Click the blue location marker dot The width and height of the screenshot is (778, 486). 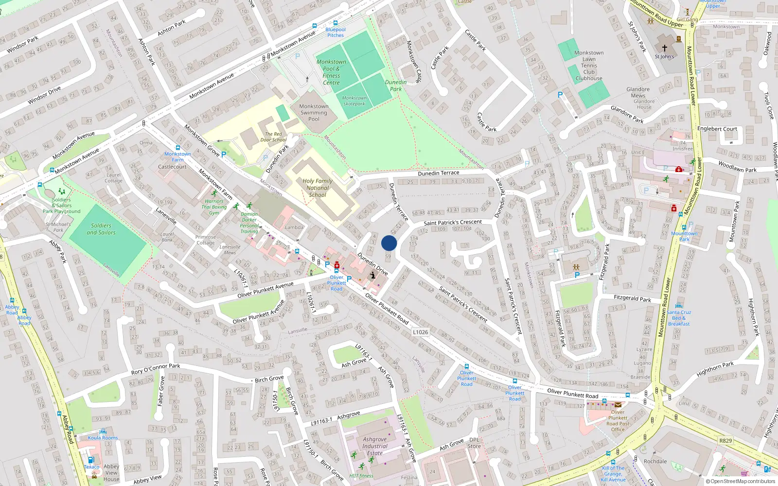(x=389, y=243)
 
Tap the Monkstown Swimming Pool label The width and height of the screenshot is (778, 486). (x=314, y=112)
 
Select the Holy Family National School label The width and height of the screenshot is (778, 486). (x=318, y=188)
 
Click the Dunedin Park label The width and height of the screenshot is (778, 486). (x=396, y=86)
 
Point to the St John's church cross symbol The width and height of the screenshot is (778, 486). (x=664, y=48)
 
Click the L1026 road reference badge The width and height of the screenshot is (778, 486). (x=421, y=332)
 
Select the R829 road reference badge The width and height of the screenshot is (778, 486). (x=725, y=441)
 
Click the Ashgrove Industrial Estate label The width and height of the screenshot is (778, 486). (x=375, y=446)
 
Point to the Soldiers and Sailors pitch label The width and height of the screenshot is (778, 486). (x=101, y=229)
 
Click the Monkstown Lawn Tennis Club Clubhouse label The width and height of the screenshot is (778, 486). (x=589, y=66)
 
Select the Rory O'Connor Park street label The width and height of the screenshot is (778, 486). (x=156, y=369)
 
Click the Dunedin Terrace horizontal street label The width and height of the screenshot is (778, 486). (x=438, y=173)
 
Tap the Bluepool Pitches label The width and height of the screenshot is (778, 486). (x=336, y=33)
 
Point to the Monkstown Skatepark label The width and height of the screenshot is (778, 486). (x=354, y=101)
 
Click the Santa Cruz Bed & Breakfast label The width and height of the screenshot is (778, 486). (x=679, y=318)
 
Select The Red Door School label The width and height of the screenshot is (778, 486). (x=273, y=137)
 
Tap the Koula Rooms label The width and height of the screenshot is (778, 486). (x=103, y=437)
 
